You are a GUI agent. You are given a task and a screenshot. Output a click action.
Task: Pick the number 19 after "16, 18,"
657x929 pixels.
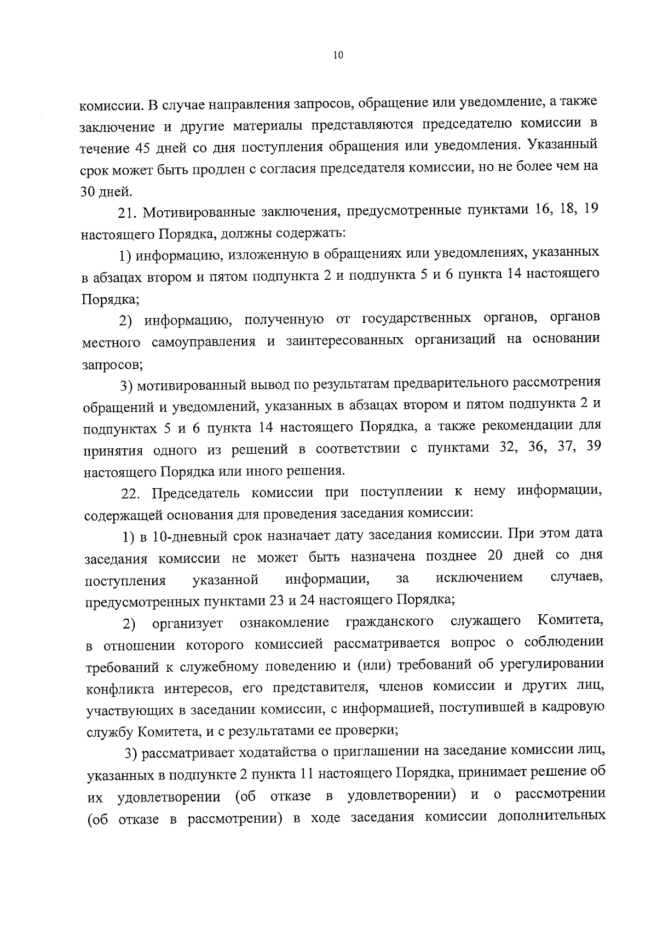point(590,211)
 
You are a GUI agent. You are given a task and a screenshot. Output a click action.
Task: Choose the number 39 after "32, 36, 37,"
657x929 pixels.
point(592,447)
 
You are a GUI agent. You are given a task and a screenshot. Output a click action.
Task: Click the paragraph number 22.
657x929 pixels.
point(131,493)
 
